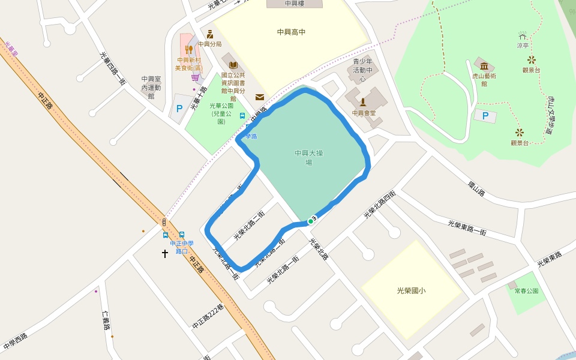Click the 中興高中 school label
click(291, 32)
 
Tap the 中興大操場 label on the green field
click(308, 157)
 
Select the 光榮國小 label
click(411, 290)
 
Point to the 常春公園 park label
click(526, 291)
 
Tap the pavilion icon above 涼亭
click(523, 35)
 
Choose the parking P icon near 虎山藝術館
click(485, 115)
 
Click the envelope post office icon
click(260, 97)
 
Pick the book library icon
click(233, 65)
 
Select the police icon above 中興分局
click(209, 34)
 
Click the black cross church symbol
click(165, 254)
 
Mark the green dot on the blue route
click(310, 221)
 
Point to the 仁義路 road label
click(107, 321)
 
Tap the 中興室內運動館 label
click(151, 87)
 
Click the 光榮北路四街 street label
click(379, 205)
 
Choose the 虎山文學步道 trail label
click(554, 117)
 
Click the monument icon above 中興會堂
click(362, 102)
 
